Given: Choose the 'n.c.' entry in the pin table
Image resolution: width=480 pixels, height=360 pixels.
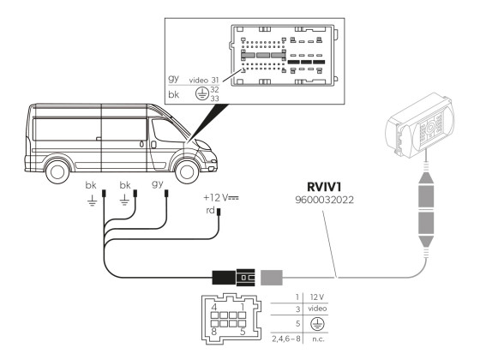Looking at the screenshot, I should (316, 340).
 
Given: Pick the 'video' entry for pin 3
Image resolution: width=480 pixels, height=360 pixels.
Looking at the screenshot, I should (316, 309).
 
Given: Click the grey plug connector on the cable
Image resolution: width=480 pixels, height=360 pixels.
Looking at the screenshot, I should (272, 278).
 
